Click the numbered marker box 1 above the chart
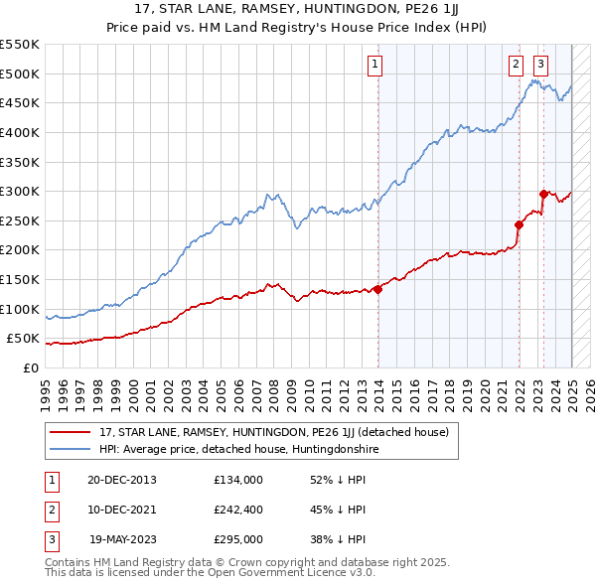[375, 65]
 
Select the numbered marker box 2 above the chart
[517, 65]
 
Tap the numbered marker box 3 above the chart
[540, 65]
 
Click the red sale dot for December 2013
[378, 289]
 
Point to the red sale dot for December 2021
[519, 225]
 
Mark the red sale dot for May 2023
[543, 194]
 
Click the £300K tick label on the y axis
[20, 191]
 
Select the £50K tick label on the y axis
[24, 339]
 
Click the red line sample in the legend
[71, 432]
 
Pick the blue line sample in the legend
[71, 449]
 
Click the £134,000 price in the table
[237, 480]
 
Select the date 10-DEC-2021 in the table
[122, 510]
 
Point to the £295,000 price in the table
[237, 539]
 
